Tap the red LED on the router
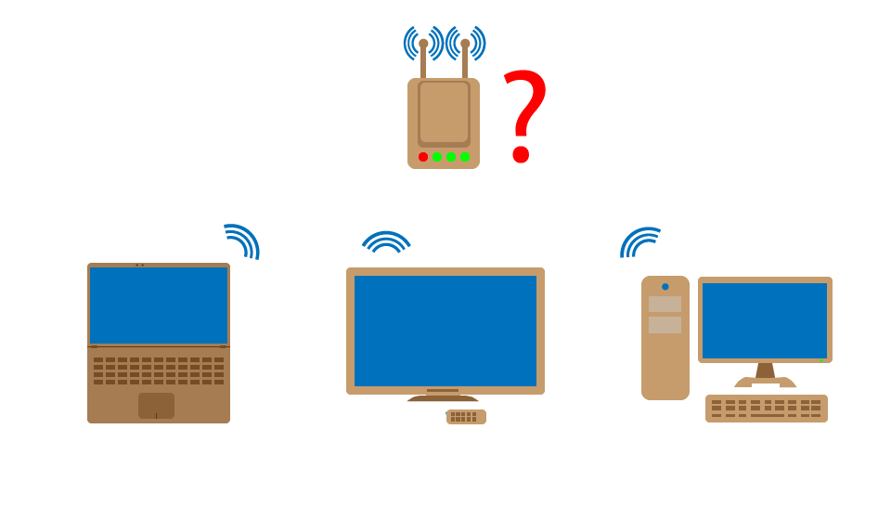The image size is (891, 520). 423,157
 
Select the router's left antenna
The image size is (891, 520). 423,58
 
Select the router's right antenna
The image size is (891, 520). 465,58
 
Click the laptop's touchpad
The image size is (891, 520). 156,406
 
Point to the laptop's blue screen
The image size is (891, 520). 159,305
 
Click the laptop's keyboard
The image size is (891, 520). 159,370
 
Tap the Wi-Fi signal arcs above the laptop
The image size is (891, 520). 242,240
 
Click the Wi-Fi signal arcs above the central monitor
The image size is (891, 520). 386,242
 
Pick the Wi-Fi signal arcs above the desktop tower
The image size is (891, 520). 639,242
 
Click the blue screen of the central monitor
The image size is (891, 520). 445,331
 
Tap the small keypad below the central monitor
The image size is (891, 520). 466,417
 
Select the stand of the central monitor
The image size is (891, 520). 443,396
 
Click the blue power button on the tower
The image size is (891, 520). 665,286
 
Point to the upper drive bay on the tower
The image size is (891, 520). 665,304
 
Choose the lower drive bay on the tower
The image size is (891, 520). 665,325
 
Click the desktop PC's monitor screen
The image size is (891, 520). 765,320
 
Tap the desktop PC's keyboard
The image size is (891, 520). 767,409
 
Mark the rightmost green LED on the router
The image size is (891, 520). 465,157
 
